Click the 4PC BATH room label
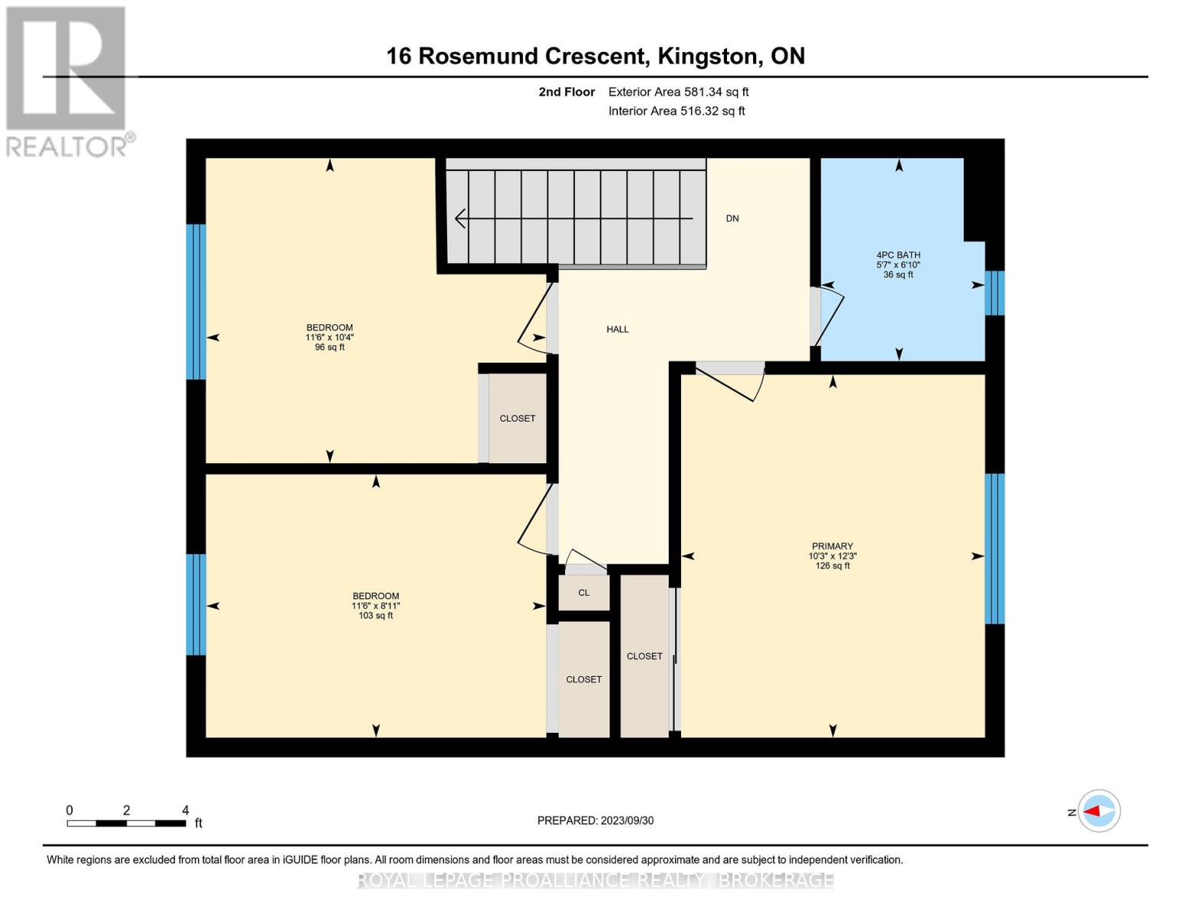click(x=898, y=255)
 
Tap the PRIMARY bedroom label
click(x=832, y=547)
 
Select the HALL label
click(x=617, y=330)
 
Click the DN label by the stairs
click(x=732, y=219)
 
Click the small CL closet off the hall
click(x=584, y=593)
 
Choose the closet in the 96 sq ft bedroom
click(x=518, y=419)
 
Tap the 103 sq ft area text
click(x=376, y=616)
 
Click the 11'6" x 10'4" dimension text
click(x=330, y=337)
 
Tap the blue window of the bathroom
click(x=995, y=293)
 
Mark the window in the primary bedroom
click(x=995, y=548)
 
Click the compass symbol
click(x=1099, y=810)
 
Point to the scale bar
click(x=127, y=823)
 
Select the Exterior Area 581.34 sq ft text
click(x=678, y=92)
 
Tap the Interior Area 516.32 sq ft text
click(x=676, y=111)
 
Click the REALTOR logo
click(x=67, y=80)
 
